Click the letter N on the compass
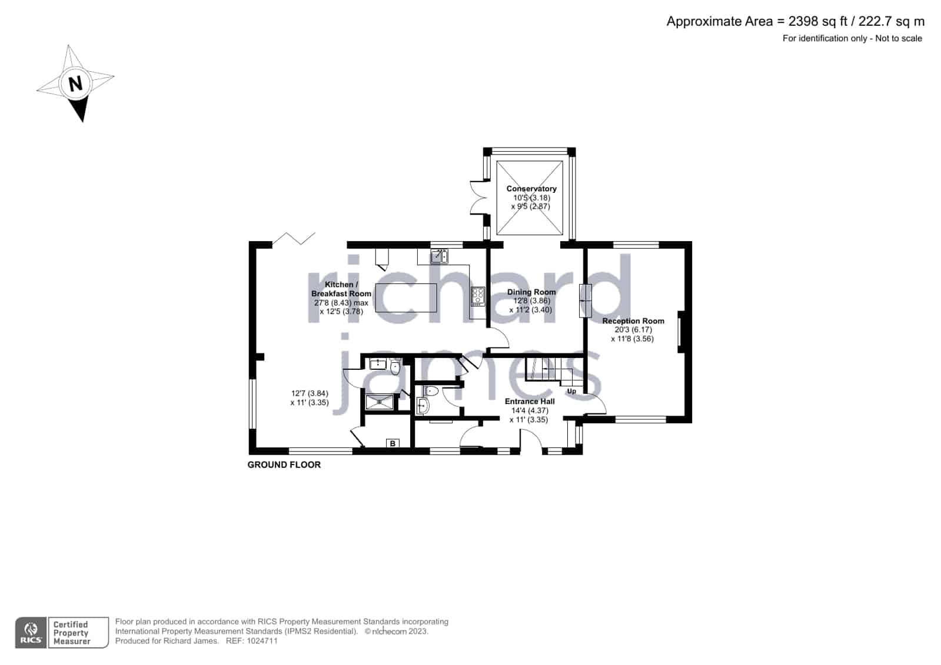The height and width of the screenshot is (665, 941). [x=75, y=83]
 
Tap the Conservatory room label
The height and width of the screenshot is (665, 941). [x=531, y=189]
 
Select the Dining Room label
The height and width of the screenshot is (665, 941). [x=531, y=292]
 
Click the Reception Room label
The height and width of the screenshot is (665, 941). [x=633, y=321]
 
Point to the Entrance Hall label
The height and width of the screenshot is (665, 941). [x=529, y=402]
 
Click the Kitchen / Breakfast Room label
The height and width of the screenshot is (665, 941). [x=341, y=289]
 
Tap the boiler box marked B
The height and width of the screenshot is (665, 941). [x=393, y=443]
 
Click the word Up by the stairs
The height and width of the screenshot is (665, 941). [x=572, y=391]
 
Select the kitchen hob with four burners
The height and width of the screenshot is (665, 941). [x=478, y=296]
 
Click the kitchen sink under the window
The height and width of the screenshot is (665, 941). [x=440, y=256]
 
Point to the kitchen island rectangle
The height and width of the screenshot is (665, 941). [x=406, y=298]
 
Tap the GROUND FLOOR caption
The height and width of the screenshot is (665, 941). [x=284, y=465]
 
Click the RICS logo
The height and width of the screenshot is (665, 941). [x=31, y=632]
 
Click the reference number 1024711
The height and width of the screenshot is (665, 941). [x=262, y=641]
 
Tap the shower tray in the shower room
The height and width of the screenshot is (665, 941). [x=380, y=402]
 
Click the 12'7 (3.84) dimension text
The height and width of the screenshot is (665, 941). [x=310, y=393]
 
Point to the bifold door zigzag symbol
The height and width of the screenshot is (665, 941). [x=294, y=239]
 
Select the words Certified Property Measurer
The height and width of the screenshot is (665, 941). [x=72, y=633]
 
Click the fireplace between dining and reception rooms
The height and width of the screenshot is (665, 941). [x=585, y=300]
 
